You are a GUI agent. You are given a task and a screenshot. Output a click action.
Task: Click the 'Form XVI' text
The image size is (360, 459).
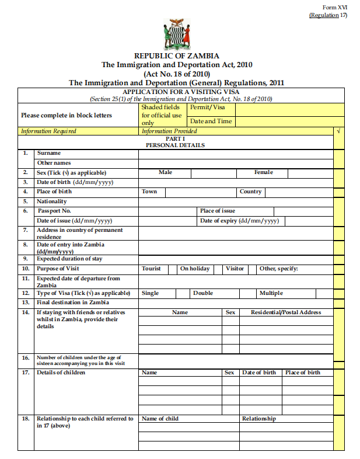coord(335,7)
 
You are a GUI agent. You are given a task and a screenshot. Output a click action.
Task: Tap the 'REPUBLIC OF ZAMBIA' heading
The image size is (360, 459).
coord(177,56)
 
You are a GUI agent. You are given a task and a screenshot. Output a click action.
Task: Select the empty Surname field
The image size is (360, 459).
coord(236,154)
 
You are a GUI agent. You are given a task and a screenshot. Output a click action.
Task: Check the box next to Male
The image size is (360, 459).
coord(214,173)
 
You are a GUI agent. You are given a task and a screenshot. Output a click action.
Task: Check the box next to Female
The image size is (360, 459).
coord(312,173)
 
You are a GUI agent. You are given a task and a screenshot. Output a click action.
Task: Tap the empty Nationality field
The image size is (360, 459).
coord(236,201)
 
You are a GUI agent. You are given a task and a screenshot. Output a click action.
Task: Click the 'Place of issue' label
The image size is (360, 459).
coord(218,211)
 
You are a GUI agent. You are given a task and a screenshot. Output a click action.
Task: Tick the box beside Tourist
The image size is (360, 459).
coord(173,269)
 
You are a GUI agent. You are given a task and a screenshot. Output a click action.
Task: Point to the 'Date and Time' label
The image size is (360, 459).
coord(211,121)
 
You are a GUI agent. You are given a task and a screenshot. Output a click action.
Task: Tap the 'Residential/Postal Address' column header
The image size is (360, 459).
coord(286,312)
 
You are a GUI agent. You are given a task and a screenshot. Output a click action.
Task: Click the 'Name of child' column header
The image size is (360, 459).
coord(160,419)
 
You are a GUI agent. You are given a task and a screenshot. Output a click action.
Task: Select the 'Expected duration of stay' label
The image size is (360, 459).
coord(69,259)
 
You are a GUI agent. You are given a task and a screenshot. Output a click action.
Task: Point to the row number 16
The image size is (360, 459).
coord(25,357)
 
